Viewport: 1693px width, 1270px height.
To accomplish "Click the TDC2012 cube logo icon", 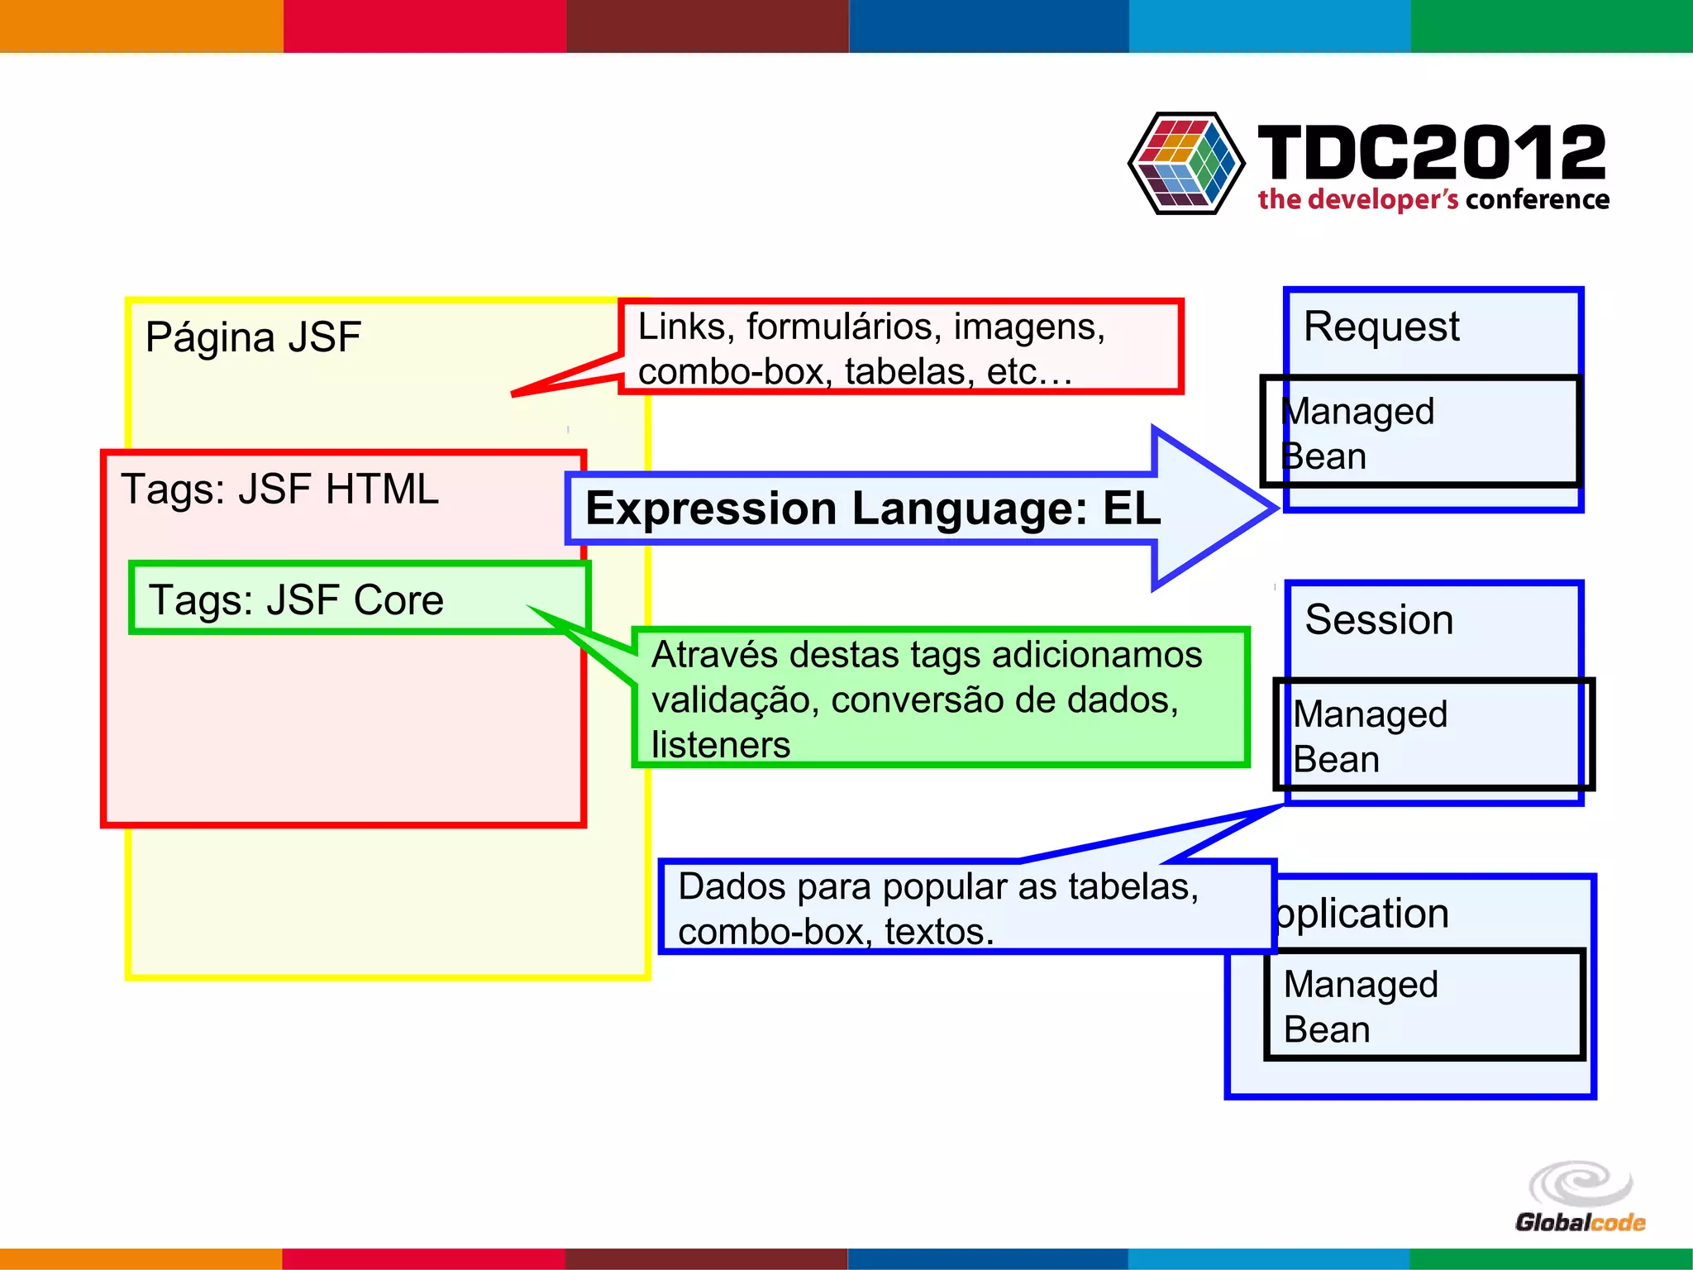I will coord(1186,163).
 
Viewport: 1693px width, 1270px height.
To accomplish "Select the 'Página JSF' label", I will coord(253,337).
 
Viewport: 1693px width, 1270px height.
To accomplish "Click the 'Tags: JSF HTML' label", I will coord(279,489).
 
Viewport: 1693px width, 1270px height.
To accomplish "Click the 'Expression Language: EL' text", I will coord(873,508).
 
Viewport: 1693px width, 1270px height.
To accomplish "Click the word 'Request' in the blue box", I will coord(1381,327).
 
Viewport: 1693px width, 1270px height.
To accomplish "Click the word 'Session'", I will coord(1379,620).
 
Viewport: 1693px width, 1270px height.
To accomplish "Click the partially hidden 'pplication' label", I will coord(1364,914).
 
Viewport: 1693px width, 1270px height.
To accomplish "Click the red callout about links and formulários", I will coord(901,347).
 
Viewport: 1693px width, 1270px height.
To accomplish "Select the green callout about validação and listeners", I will coord(940,698).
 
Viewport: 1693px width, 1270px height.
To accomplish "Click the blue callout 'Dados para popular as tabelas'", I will coord(967,908).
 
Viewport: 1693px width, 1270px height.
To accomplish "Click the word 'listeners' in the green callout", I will coord(721,745).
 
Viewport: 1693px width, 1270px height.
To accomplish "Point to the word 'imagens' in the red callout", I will coord(1028,327).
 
